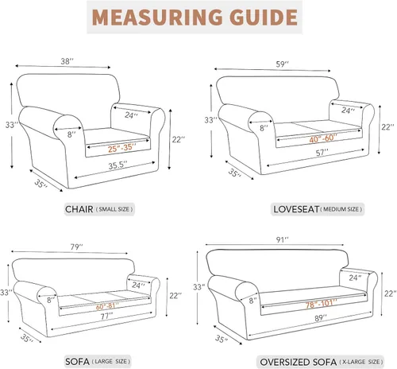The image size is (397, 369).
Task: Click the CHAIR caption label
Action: point(81,209)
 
